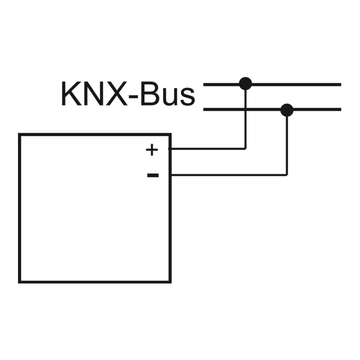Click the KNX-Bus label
point(127,94)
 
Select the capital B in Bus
point(149,94)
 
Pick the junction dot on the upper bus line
point(245,83)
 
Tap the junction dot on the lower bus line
point(286,109)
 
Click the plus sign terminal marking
point(151,149)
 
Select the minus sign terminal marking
point(152,175)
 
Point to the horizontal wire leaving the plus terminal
point(207,148)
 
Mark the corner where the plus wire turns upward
point(245,148)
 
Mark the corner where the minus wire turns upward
point(286,175)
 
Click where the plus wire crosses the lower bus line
point(245,109)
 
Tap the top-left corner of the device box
point(19,134)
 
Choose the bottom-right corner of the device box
point(170,282)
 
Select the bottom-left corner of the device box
point(19,282)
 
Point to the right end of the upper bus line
point(340,84)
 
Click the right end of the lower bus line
point(340,109)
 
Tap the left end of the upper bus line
point(204,84)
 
